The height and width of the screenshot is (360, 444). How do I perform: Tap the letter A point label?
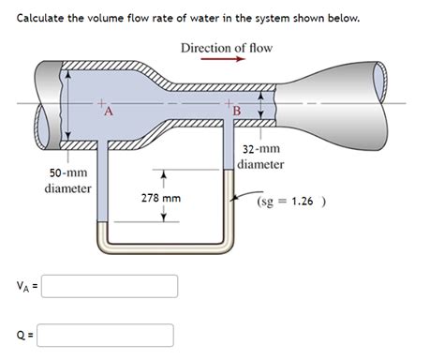(x=109, y=112)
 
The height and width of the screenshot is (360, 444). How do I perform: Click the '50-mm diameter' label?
(x=68, y=181)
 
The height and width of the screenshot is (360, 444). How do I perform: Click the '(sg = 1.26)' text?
(x=303, y=200)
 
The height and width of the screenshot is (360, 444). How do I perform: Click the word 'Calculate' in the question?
(x=42, y=19)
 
